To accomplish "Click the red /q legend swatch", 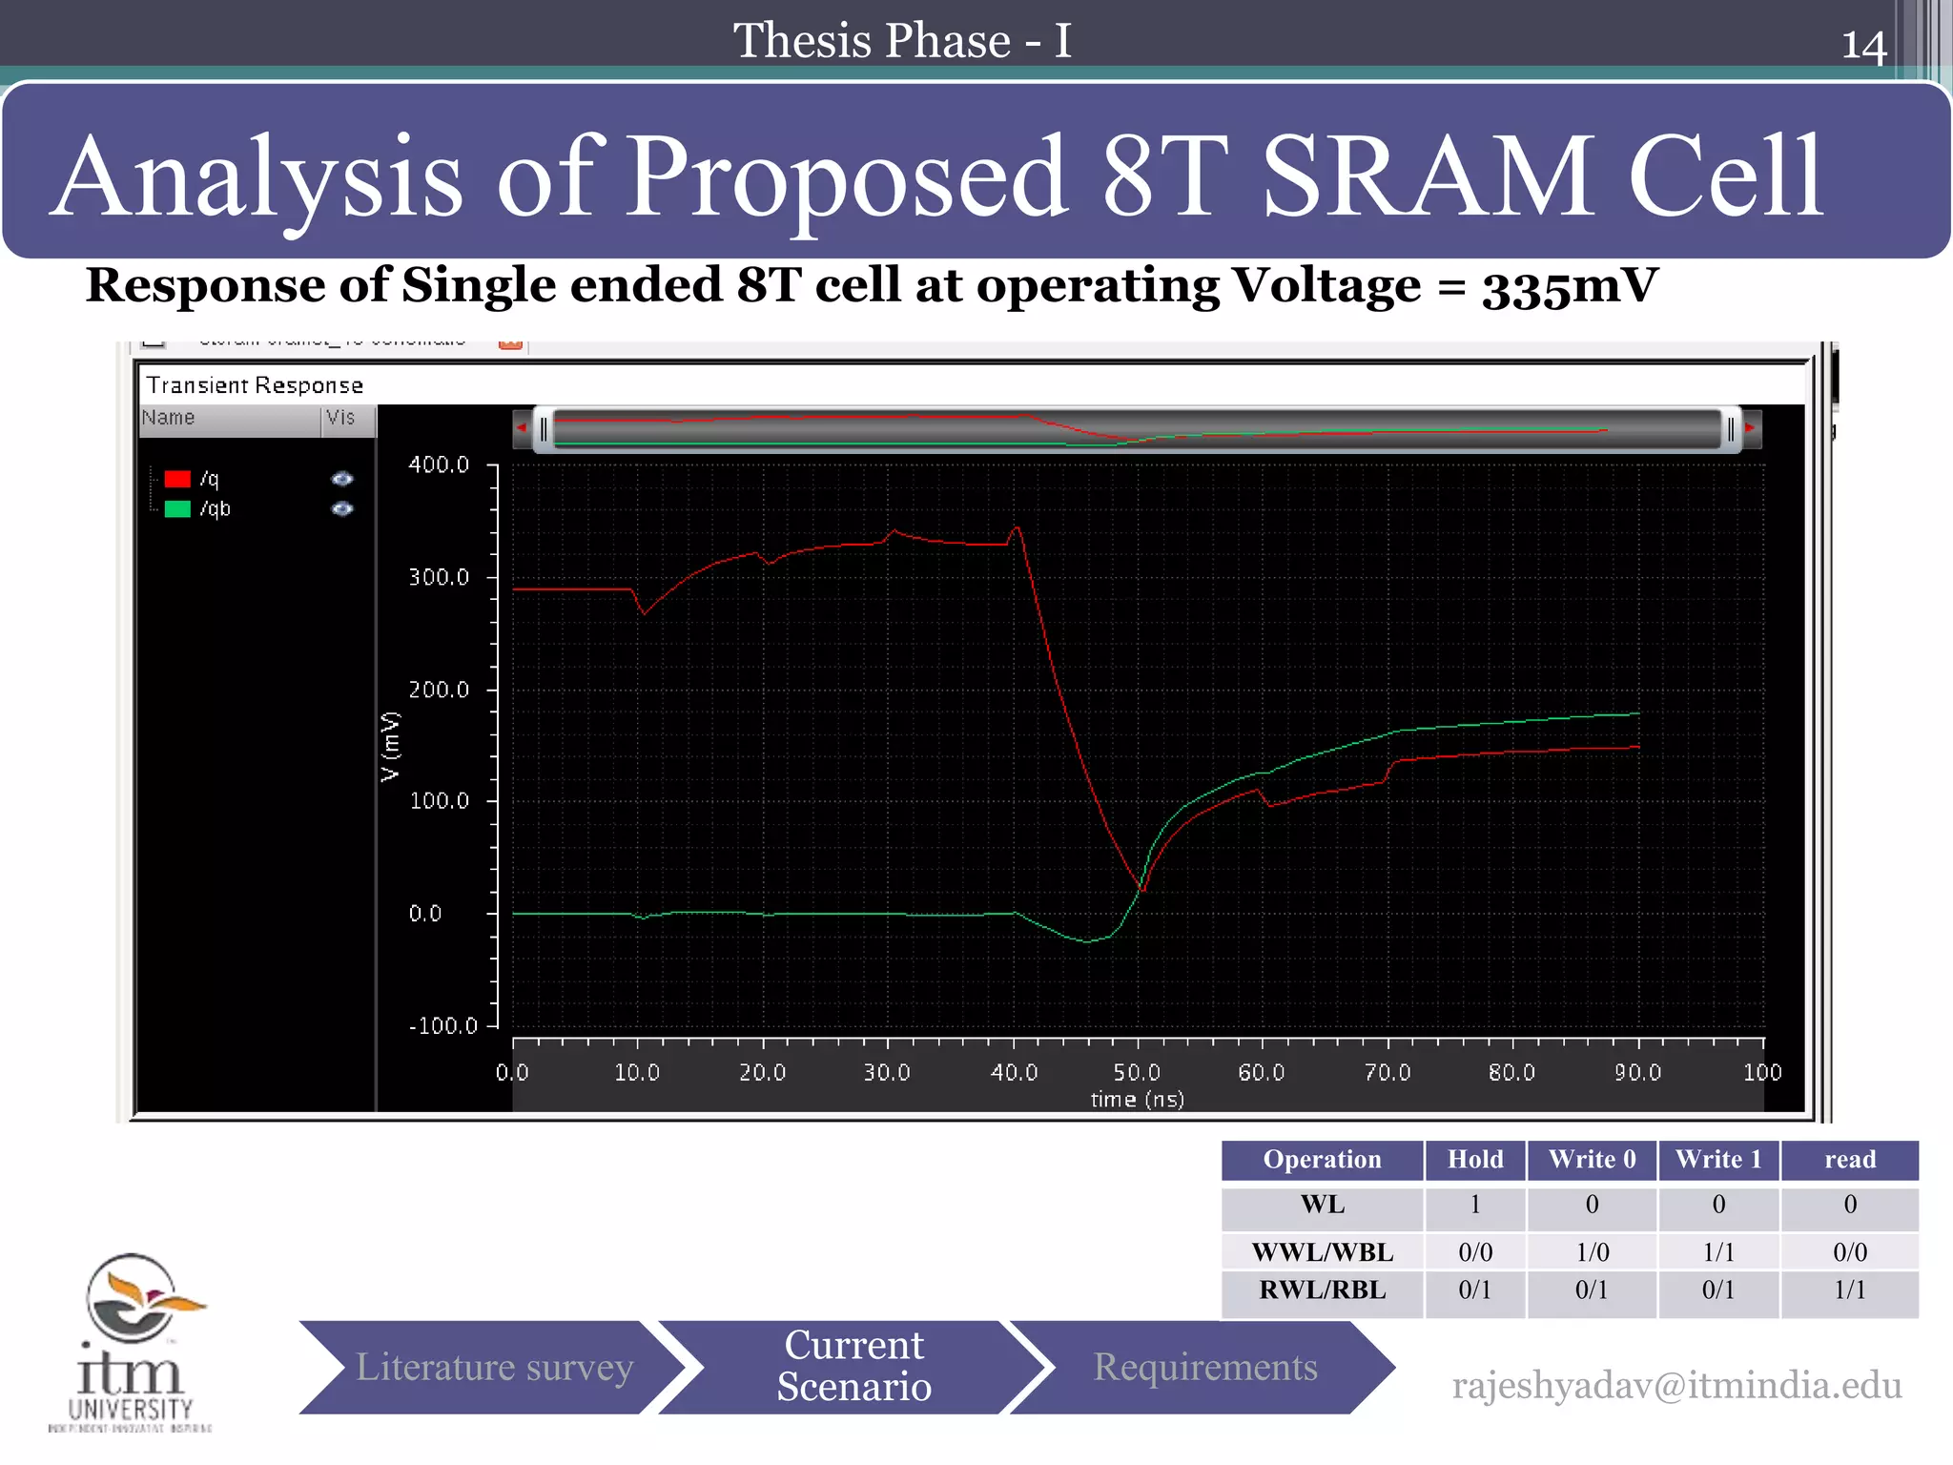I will coord(177,479).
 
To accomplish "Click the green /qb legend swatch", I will coord(177,509).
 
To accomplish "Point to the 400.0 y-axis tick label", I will coord(439,464).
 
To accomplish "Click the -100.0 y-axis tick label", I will coord(442,1025).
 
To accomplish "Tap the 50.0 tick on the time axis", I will coord(1137,1072).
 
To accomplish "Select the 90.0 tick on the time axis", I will coord(1637,1072).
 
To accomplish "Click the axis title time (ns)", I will coord(1137,1100).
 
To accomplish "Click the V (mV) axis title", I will coord(390,747).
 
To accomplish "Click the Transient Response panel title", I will coord(255,385).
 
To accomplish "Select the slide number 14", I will coord(1863,46).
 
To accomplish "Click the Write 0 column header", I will coord(1592,1160).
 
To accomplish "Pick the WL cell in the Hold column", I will coord(1474,1205).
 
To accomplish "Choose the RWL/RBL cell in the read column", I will coord(1849,1290).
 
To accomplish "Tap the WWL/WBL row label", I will coord(1322,1251).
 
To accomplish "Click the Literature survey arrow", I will coord(493,1367).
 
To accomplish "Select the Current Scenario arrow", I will coord(853,1367).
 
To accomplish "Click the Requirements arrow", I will coord(1204,1367).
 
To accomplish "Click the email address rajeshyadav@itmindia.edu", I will coord(1676,1386).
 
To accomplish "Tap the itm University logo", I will coord(132,1340).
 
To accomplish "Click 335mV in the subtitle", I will coord(1570,286).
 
